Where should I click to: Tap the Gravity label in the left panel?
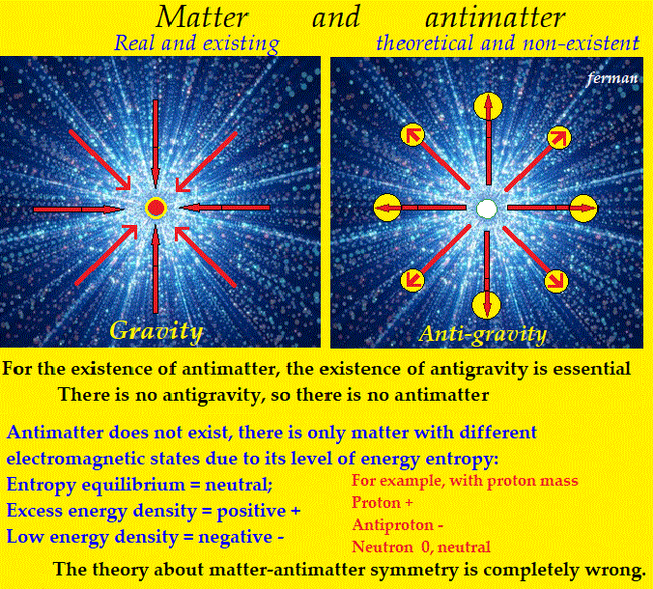[x=156, y=331]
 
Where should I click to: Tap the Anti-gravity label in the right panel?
[x=483, y=334]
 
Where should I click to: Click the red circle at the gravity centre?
[x=156, y=208]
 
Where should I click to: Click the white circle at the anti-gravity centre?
[x=487, y=208]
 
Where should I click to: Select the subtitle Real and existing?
[x=196, y=42]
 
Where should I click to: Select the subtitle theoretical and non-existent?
[x=507, y=42]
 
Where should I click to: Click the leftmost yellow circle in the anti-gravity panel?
[x=388, y=206]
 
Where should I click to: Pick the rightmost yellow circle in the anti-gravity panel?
[x=583, y=207]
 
